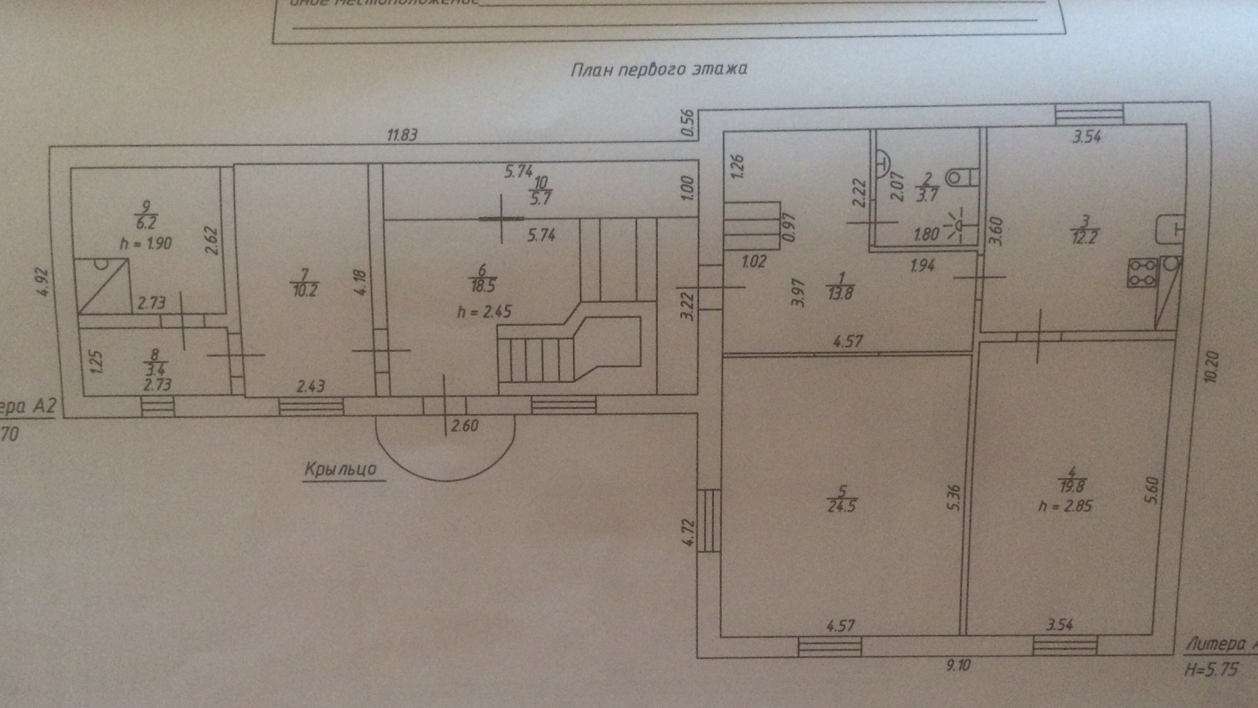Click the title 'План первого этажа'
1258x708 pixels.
tap(658, 69)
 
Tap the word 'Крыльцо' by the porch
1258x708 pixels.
tap(341, 469)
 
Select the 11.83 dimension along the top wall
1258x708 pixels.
tap(402, 135)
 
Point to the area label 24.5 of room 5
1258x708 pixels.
tap(842, 506)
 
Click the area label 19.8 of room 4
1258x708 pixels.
tap(1071, 486)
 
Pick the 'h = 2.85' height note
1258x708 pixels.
tap(1065, 506)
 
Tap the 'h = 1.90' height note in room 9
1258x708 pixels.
tap(145, 243)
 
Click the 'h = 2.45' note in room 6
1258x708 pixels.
tap(484, 311)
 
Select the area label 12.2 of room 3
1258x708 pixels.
tap(1084, 237)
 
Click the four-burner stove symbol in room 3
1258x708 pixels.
tap(1142, 273)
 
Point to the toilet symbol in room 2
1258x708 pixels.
tap(961, 177)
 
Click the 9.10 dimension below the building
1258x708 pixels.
tap(958, 665)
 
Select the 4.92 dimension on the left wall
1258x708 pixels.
tap(44, 282)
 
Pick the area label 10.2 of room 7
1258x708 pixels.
tap(305, 290)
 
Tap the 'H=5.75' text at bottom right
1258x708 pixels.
tap(1211, 670)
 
